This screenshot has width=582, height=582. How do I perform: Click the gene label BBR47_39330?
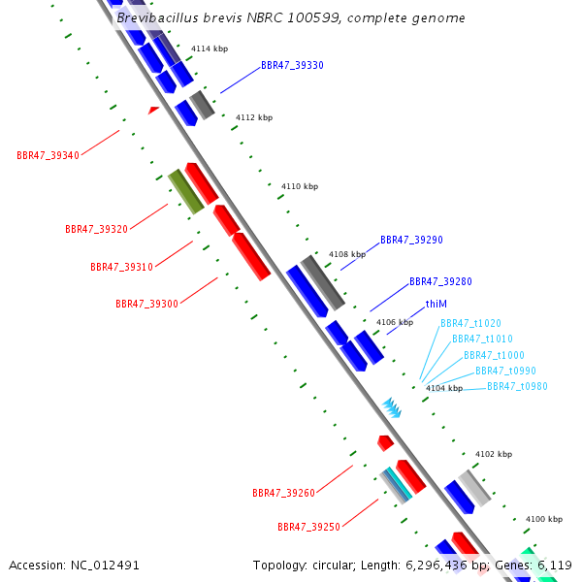click(x=292, y=65)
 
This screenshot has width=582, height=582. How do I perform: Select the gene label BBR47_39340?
click(x=48, y=155)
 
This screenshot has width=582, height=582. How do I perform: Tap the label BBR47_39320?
click(x=96, y=229)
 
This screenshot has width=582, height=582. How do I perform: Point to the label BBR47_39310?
click(x=121, y=267)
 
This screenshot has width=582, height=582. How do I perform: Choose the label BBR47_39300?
click(x=146, y=304)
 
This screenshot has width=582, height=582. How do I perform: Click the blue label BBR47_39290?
click(x=411, y=240)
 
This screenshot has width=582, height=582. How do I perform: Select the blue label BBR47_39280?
click(x=440, y=281)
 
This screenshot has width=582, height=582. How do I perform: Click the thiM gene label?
click(x=436, y=304)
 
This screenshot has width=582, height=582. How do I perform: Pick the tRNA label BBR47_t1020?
click(x=470, y=323)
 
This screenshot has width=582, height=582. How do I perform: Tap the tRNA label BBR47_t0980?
click(x=517, y=386)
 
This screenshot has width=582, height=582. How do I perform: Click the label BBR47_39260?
click(x=283, y=493)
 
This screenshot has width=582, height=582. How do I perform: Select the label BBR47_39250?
click(x=308, y=527)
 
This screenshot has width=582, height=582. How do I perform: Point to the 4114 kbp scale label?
click(x=210, y=48)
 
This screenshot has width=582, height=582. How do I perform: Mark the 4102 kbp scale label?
click(x=493, y=454)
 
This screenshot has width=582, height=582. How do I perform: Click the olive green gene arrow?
click(x=185, y=191)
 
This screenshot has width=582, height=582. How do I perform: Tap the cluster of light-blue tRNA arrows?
click(x=391, y=407)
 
